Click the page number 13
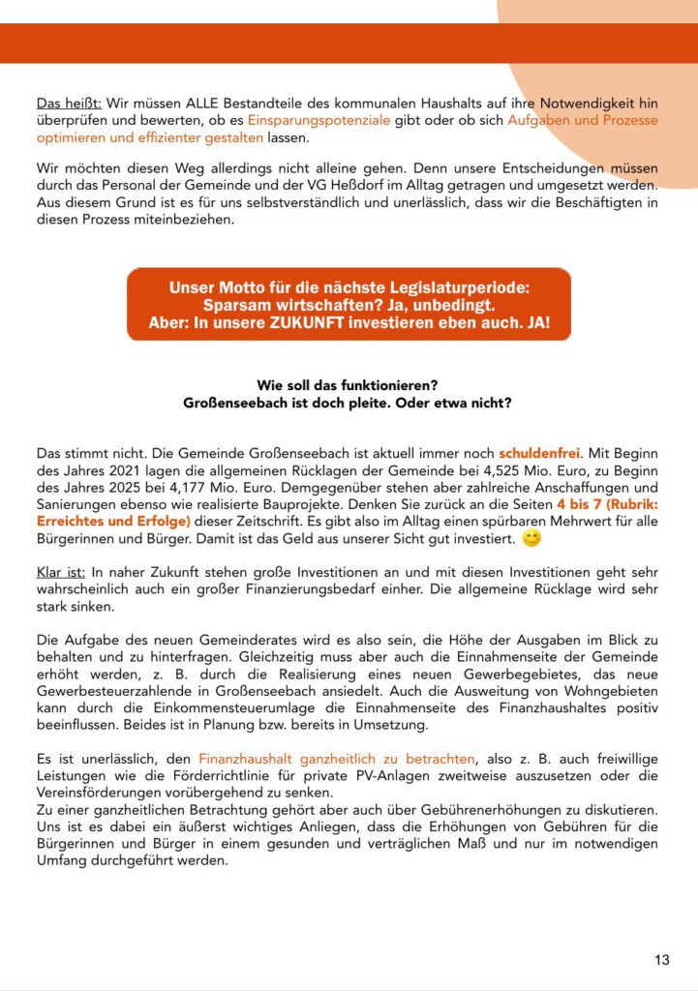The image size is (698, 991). pos(661,960)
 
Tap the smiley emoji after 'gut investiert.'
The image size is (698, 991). pos(531,537)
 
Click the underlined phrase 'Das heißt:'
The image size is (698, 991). pos(62,103)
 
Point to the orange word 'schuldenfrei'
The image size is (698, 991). pos(537,452)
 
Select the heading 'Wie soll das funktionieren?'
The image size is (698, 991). pos(348,384)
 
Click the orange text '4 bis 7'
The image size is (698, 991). pos(588,504)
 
